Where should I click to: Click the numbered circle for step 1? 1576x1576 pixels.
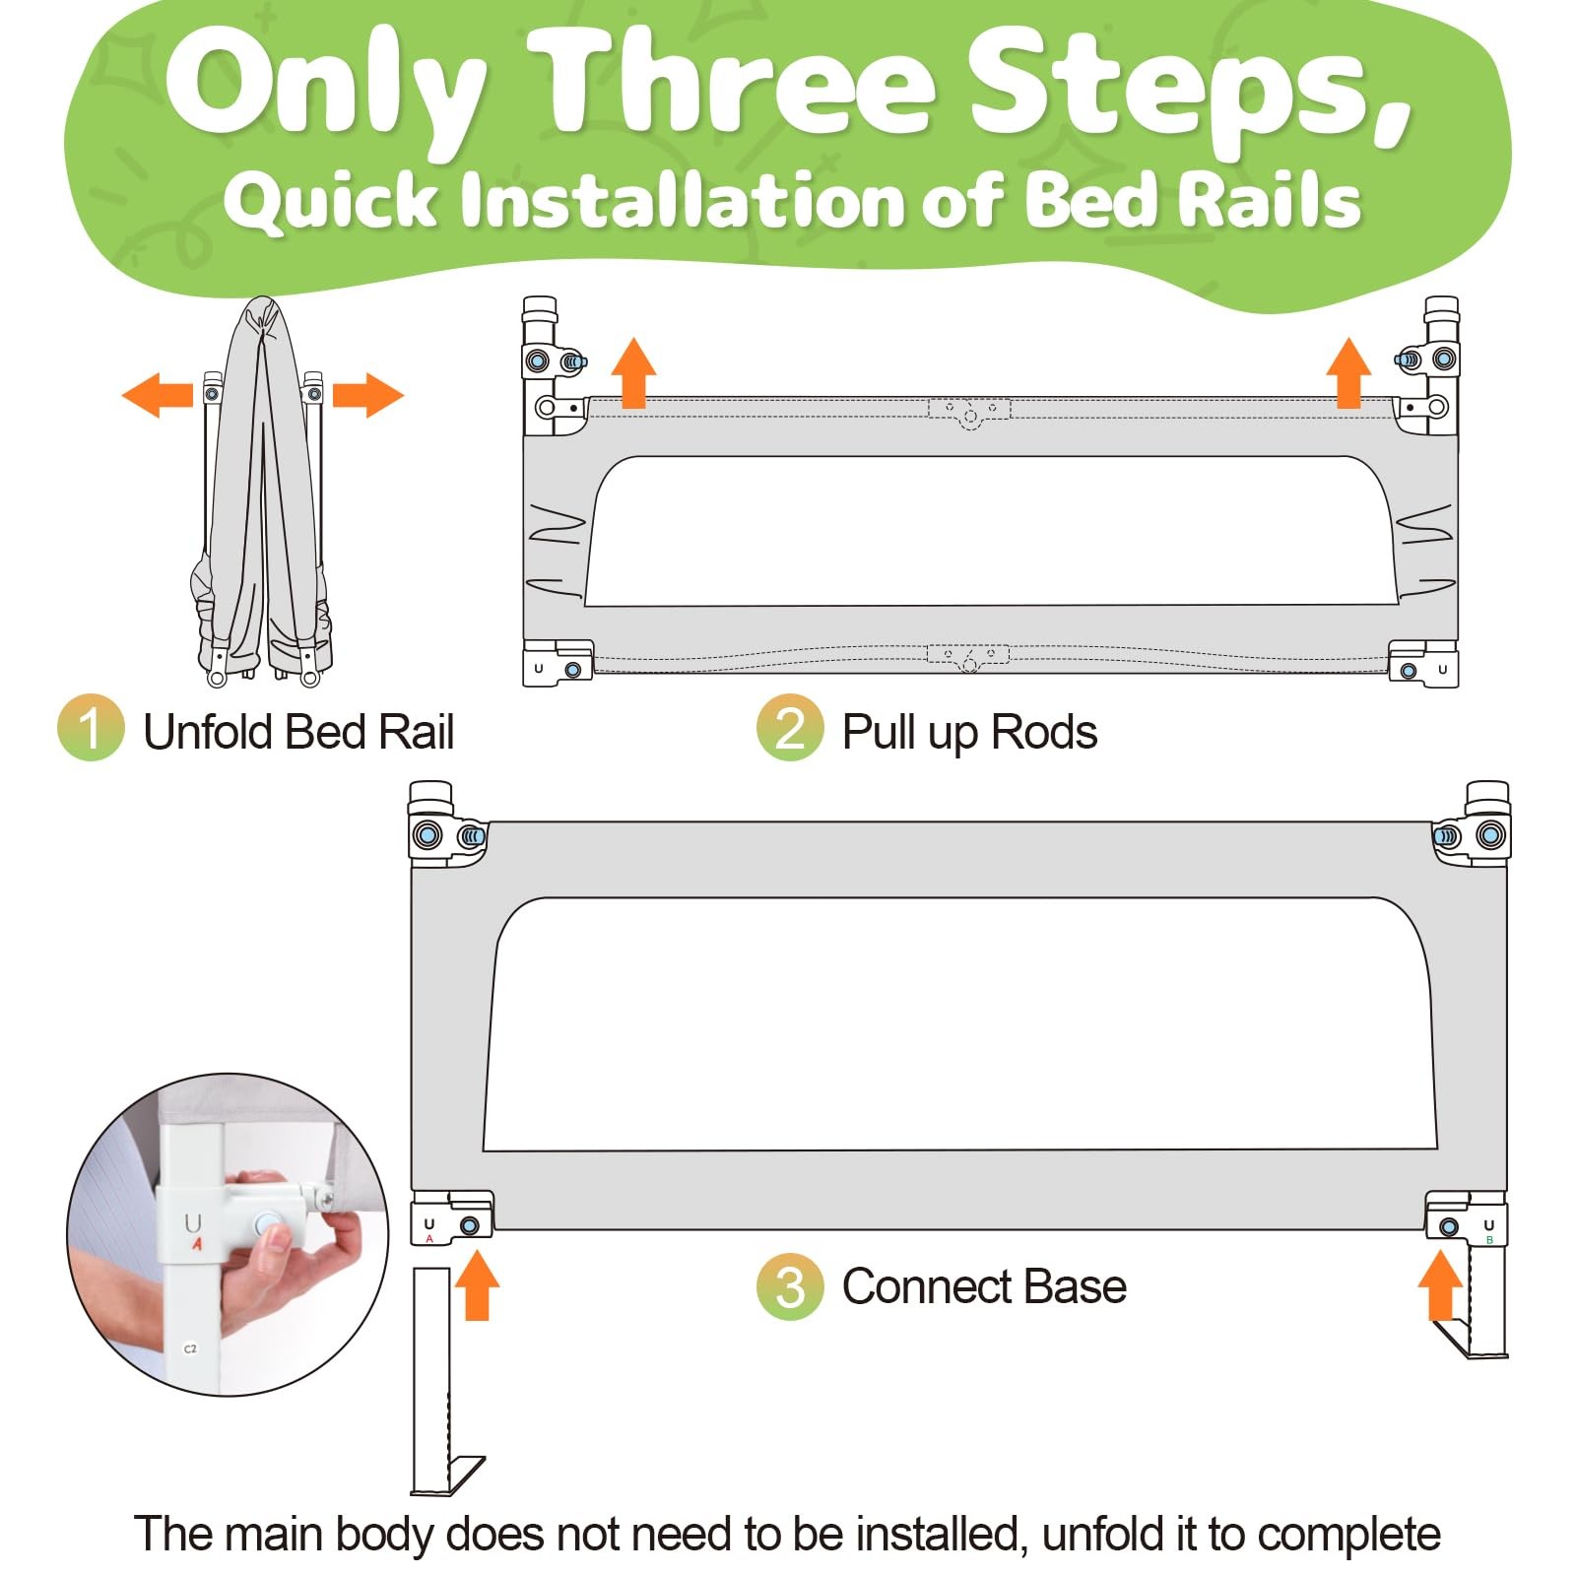click(91, 728)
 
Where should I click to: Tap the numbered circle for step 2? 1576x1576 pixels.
click(790, 728)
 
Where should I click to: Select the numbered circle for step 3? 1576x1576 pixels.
click(790, 1286)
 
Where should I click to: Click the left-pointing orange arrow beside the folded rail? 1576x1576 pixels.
click(158, 395)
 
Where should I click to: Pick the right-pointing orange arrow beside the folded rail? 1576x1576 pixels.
click(368, 395)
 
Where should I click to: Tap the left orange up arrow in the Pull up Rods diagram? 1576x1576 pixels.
click(633, 372)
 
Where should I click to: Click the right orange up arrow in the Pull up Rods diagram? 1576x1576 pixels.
click(1348, 372)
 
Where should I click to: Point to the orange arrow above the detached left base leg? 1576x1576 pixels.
click(477, 1284)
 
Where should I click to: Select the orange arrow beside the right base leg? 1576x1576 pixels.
click(1440, 1284)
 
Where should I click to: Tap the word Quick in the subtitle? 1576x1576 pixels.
click(331, 201)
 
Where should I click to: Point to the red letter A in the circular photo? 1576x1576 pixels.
click(197, 1244)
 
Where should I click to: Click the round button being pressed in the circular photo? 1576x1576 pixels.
click(267, 1226)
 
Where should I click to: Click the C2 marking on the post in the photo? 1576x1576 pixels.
click(190, 1348)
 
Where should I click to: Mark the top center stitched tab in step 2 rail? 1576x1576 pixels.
click(969, 411)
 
